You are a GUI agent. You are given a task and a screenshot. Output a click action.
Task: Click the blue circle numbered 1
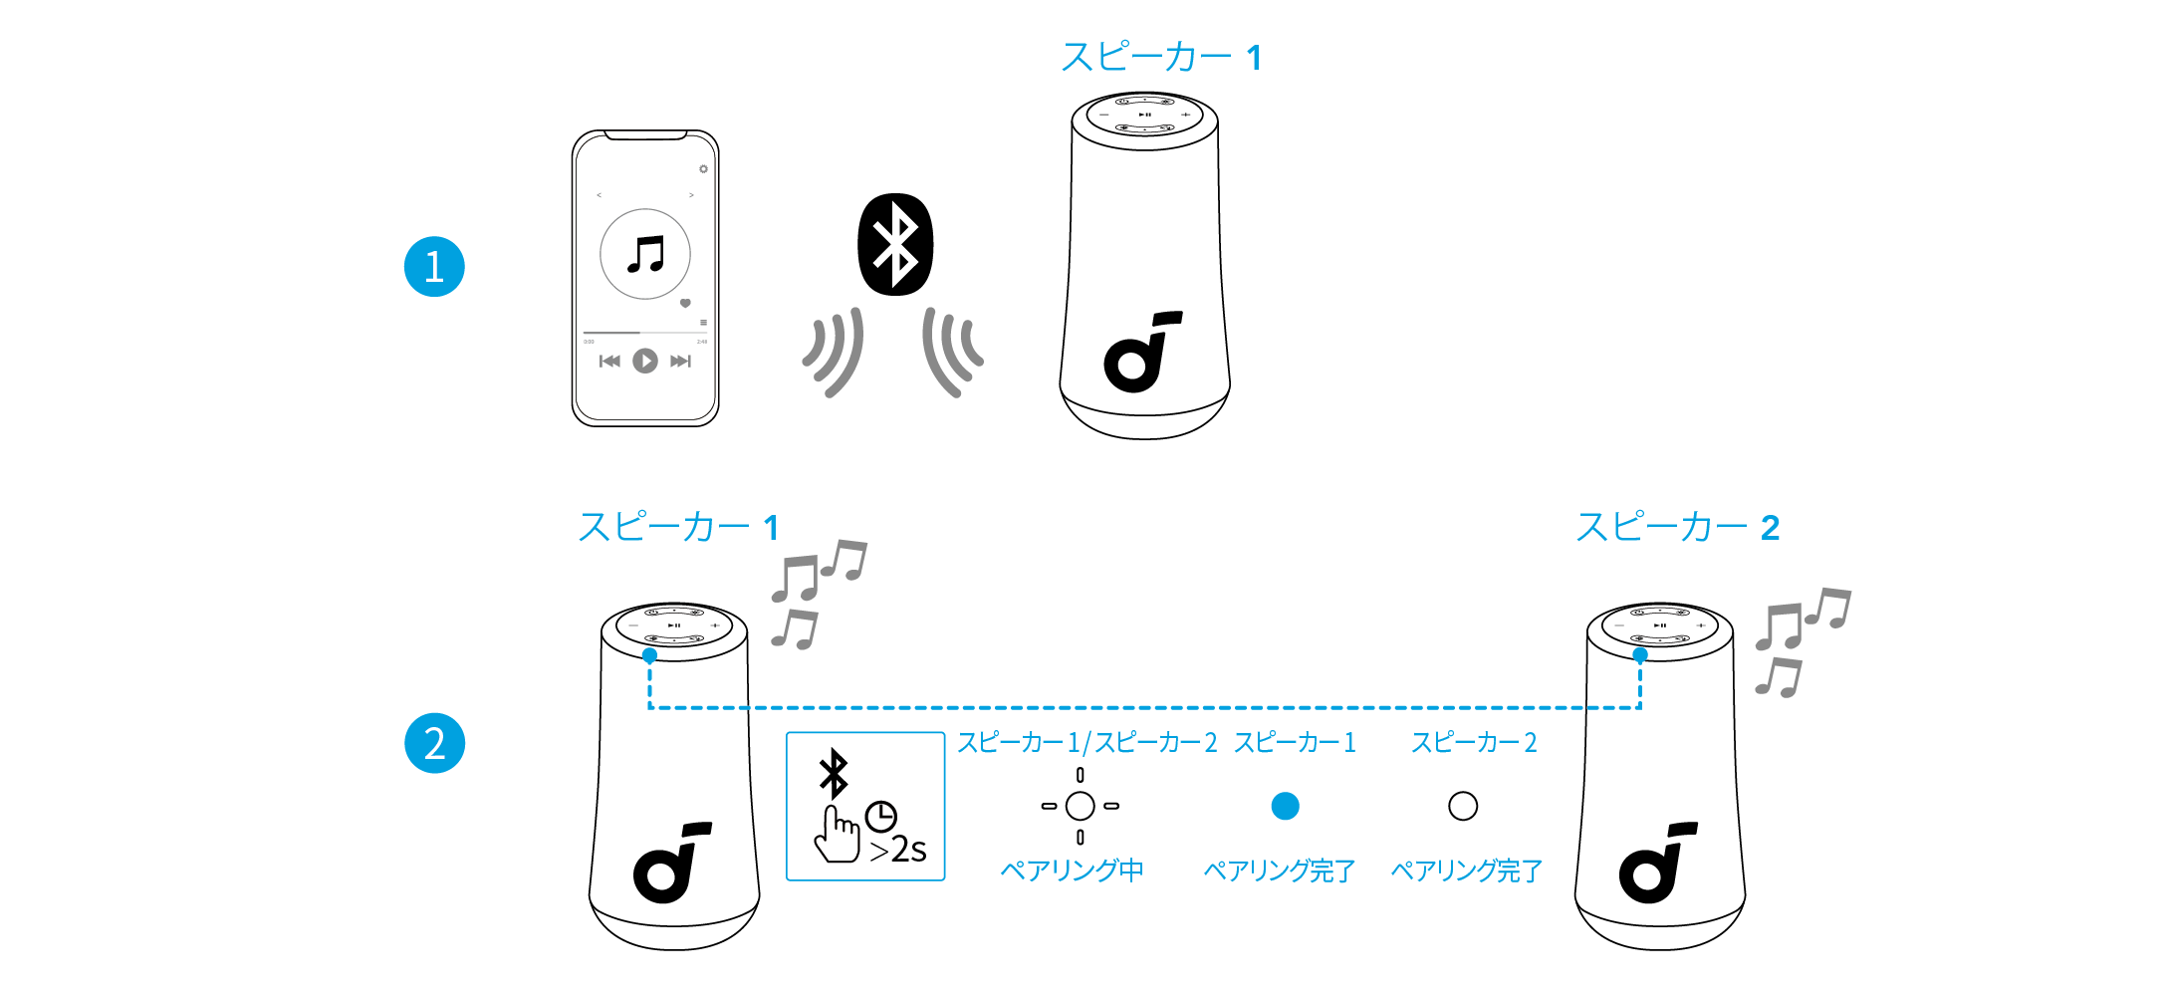tap(434, 267)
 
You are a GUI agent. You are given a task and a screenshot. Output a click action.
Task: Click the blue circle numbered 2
tap(434, 743)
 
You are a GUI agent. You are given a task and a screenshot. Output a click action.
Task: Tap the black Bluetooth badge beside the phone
tap(895, 245)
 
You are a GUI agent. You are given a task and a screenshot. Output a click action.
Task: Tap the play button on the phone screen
tap(645, 361)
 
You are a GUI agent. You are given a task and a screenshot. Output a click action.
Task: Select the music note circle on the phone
tap(645, 254)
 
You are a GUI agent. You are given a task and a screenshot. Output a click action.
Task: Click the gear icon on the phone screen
tap(703, 169)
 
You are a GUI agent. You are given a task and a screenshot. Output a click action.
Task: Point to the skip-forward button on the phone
tap(680, 361)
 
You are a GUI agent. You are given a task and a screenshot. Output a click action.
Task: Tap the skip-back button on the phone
tap(609, 361)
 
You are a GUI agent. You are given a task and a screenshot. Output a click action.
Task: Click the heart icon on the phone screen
tap(685, 303)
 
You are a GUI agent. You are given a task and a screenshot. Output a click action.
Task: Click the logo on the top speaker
tap(1141, 354)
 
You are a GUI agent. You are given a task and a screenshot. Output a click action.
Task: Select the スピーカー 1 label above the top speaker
tap(1160, 58)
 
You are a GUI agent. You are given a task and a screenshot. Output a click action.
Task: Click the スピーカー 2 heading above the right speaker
tap(1677, 527)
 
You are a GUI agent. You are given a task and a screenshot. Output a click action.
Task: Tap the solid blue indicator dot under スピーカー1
tap(1285, 806)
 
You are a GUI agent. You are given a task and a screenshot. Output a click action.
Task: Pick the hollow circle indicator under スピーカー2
tap(1463, 806)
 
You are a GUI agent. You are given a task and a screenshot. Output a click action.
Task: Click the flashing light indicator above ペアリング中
tap(1081, 806)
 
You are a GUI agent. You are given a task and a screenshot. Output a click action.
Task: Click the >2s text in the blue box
tap(898, 850)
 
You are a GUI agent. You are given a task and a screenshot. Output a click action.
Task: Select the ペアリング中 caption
tap(1072, 871)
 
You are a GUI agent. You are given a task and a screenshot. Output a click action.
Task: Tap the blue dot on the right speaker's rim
tap(1639, 654)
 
